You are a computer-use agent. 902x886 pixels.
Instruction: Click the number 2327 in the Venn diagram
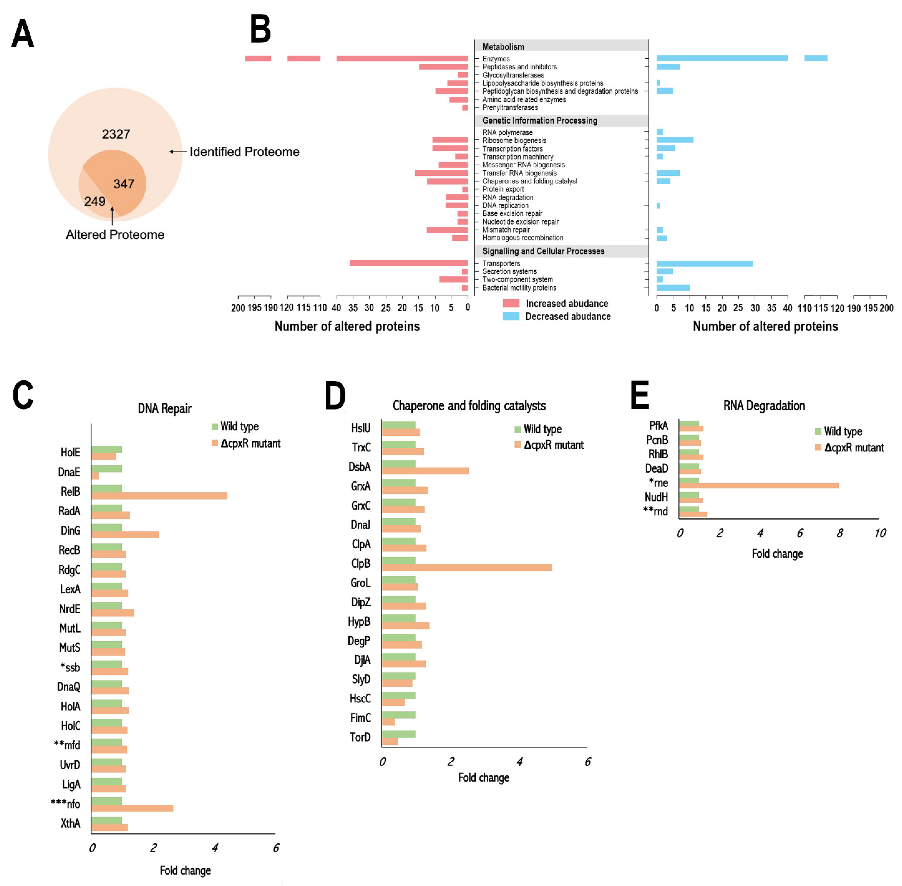pyautogui.click(x=116, y=135)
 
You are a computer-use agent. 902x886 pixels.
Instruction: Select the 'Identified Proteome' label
pyautogui.click(x=244, y=152)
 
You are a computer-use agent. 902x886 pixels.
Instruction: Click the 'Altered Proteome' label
pyautogui.click(x=115, y=234)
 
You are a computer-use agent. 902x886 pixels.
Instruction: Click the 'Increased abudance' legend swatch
pyautogui.click(x=511, y=303)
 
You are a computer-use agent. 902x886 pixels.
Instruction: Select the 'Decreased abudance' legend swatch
pyautogui.click(x=511, y=316)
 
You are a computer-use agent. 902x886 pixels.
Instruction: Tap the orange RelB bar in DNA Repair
pyautogui.click(x=159, y=495)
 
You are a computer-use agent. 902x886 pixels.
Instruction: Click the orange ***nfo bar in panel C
pyautogui.click(x=132, y=808)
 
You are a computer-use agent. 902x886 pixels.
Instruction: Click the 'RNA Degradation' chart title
pyautogui.click(x=764, y=406)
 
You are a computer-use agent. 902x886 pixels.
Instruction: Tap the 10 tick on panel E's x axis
pyautogui.click(x=880, y=533)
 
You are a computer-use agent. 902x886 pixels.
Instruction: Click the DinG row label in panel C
pyautogui.click(x=70, y=531)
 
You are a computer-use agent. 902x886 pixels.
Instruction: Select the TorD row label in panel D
pyautogui.click(x=360, y=737)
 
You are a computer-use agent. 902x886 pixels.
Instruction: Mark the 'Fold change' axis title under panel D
pyautogui.click(x=484, y=778)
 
